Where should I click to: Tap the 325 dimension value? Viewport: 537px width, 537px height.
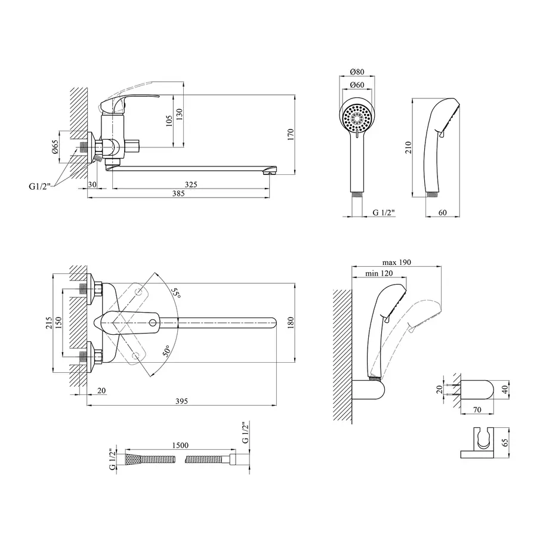pyautogui.click(x=190, y=185)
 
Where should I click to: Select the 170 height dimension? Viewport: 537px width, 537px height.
pyautogui.click(x=291, y=135)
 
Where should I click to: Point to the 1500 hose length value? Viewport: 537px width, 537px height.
pyautogui.click(x=180, y=446)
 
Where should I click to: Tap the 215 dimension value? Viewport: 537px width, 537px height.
pyautogui.click(x=49, y=324)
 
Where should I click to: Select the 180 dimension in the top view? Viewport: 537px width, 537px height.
pyautogui.click(x=291, y=323)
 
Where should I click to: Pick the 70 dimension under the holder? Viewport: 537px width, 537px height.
pyautogui.click(x=477, y=410)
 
